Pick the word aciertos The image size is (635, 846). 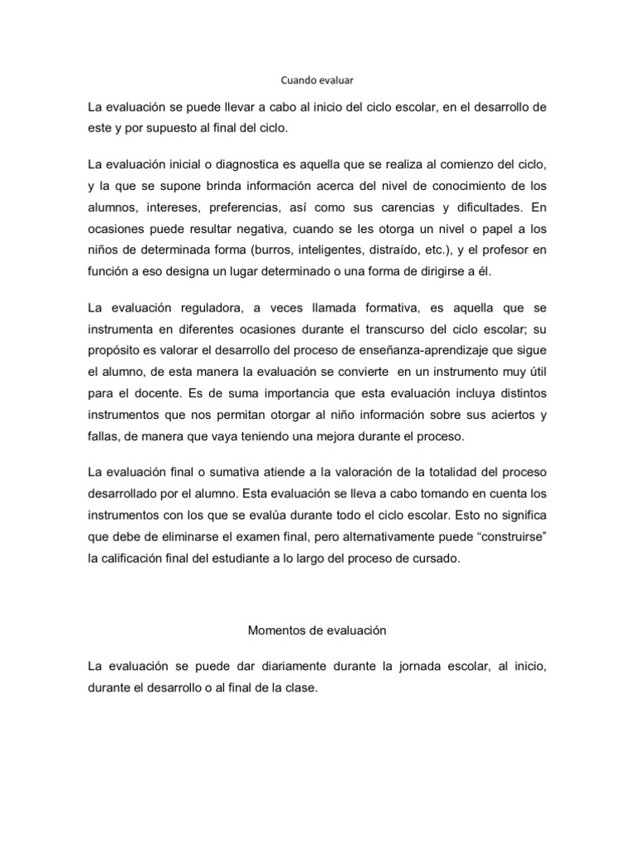(502, 416)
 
